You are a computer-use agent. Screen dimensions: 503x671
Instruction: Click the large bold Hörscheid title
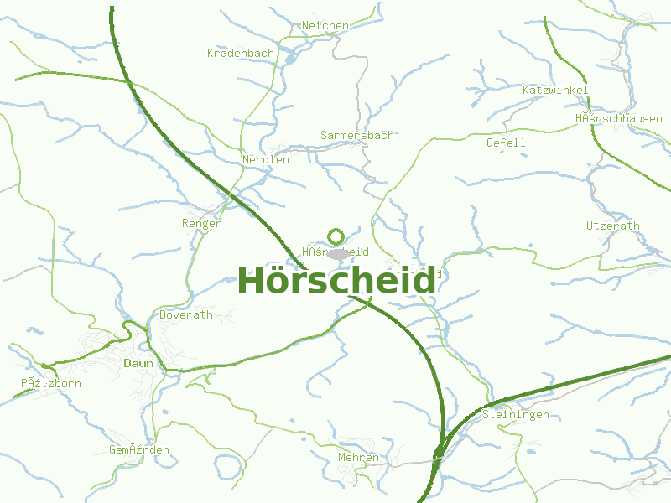tap(336, 281)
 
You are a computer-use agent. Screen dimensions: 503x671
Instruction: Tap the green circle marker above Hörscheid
tap(336, 236)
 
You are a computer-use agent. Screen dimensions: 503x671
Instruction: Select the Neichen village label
tap(325, 26)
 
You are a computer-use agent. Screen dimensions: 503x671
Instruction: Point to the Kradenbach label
tap(241, 54)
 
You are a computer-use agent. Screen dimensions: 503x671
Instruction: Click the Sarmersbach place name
tap(357, 135)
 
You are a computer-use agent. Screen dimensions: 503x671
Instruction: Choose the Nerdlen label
tap(266, 159)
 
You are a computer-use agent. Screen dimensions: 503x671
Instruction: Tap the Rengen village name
tap(202, 224)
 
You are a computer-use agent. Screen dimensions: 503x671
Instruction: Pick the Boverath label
tap(186, 315)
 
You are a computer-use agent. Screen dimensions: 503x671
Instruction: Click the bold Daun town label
tap(138, 364)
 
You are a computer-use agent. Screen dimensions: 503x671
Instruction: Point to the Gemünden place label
tap(139, 450)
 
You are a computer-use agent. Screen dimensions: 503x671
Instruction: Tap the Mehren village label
tap(358, 458)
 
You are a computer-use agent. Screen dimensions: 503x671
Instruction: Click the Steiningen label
tap(516, 415)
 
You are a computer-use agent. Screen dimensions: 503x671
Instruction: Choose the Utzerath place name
tap(612, 226)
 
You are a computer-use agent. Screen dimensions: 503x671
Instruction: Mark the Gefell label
tap(506, 143)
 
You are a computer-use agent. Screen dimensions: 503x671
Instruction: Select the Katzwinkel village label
tap(555, 91)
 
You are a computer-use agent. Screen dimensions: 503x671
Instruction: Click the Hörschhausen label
tap(619, 119)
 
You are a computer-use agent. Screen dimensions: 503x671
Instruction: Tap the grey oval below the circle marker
tap(337, 253)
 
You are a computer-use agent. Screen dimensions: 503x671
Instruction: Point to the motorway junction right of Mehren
tap(439, 454)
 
